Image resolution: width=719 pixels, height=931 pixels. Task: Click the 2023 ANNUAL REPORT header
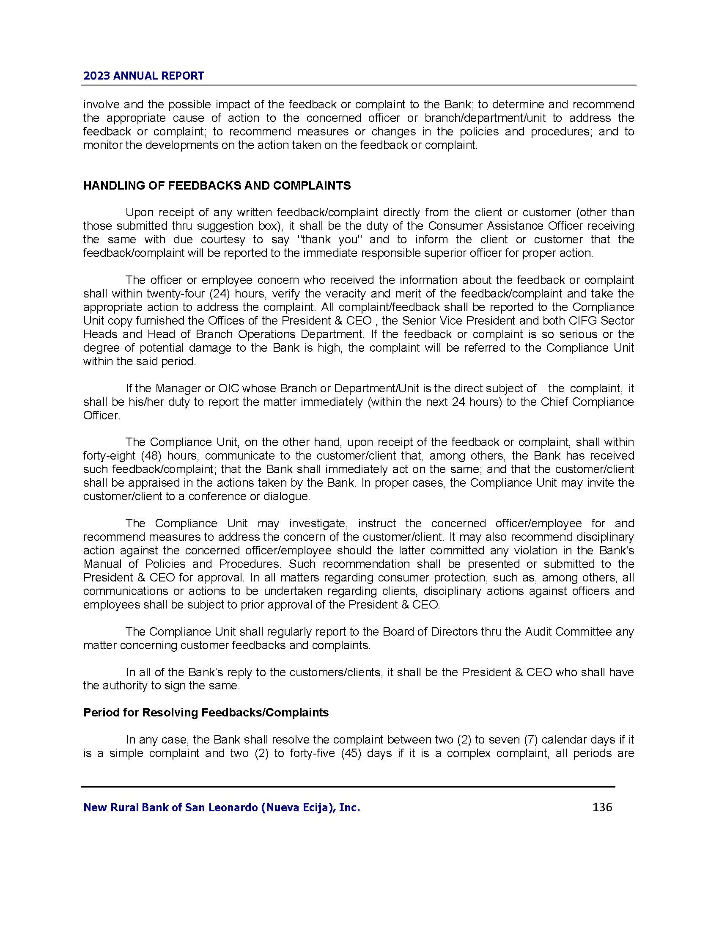tap(143, 76)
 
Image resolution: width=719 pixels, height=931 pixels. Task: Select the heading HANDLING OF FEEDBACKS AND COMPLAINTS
tap(217, 186)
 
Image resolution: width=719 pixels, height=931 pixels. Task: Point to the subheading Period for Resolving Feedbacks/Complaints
tap(206, 712)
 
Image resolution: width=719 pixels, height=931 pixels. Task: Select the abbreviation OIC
tap(229, 388)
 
